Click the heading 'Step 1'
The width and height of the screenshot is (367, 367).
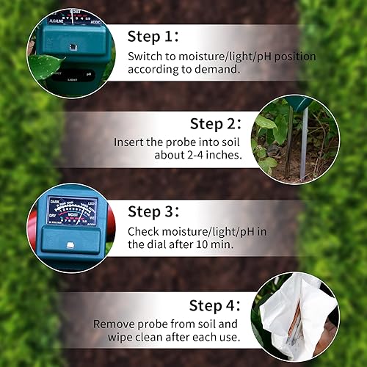[x=152, y=37]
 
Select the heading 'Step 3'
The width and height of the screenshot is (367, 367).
[x=153, y=211]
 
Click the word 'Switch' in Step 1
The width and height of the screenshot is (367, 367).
[x=145, y=57]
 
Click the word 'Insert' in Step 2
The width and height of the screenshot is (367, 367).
[x=130, y=143]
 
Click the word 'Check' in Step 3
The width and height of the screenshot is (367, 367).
[x=145, y=231]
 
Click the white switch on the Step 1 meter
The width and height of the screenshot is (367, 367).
[x=72, y=46]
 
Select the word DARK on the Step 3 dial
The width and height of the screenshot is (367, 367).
[x=57, y=200]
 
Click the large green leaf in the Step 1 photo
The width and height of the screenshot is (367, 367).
[x=44, y=66]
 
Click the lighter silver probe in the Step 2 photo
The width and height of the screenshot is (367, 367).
[x=304, y=143]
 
